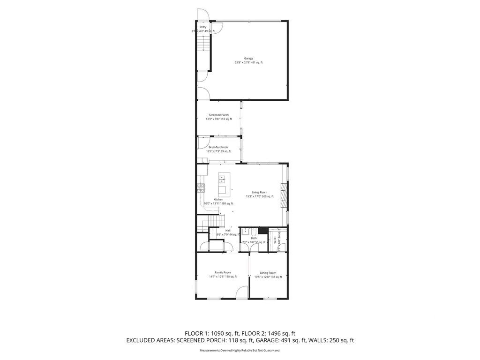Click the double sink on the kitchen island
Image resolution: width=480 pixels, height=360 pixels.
tap(223, 178)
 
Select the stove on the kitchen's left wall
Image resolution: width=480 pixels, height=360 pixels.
tap(201, 188)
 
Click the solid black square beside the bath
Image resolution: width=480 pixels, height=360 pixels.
tap(262, 230)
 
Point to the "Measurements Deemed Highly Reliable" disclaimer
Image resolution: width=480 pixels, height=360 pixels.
tap(240, 350)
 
